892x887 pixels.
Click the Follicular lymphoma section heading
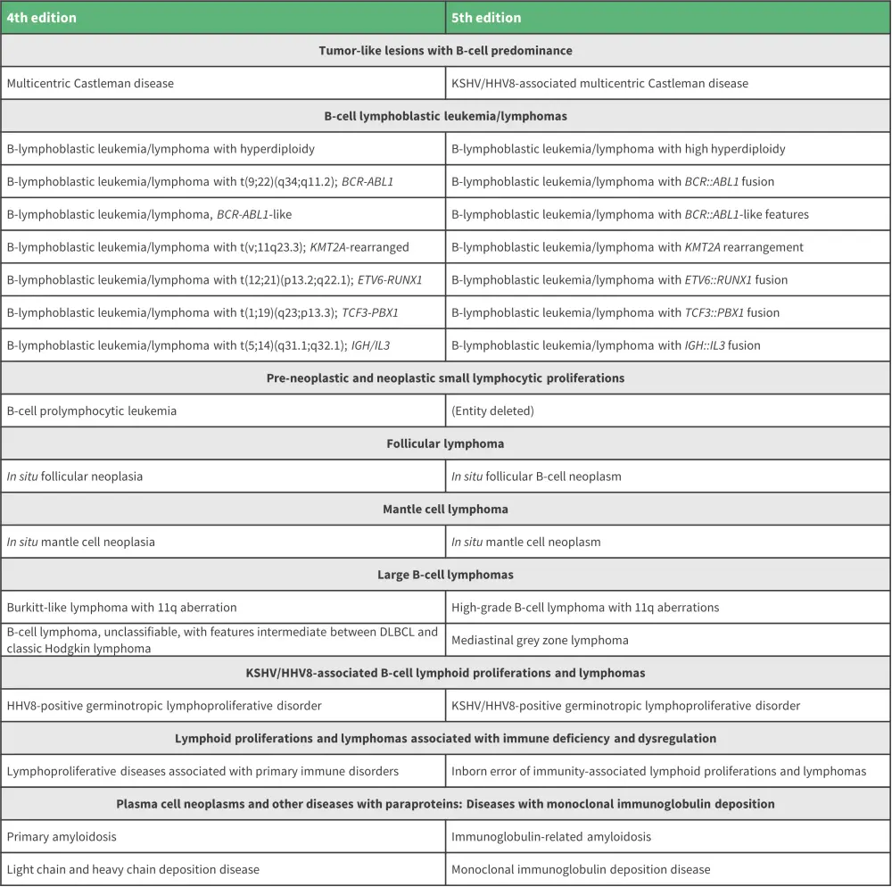point(445,443)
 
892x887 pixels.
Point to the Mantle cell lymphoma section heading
point(445,510)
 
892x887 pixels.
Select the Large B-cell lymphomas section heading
point(445,575)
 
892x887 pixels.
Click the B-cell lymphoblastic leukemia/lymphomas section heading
point(445,116)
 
